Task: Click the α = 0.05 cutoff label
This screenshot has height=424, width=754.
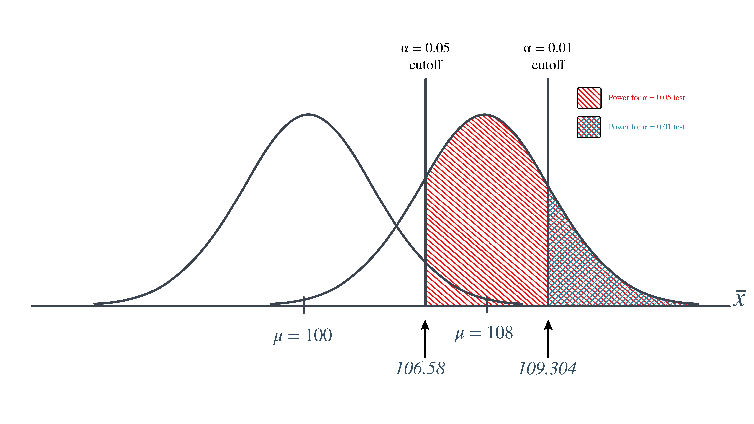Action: (425, 56)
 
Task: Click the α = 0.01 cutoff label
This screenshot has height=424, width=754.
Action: (548, 56)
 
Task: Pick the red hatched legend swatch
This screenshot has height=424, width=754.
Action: (589, 98)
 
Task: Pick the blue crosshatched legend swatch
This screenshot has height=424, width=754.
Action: (589, 127)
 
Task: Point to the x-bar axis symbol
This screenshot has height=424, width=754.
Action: (739, 298)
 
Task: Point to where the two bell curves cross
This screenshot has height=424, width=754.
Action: (396, 225)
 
